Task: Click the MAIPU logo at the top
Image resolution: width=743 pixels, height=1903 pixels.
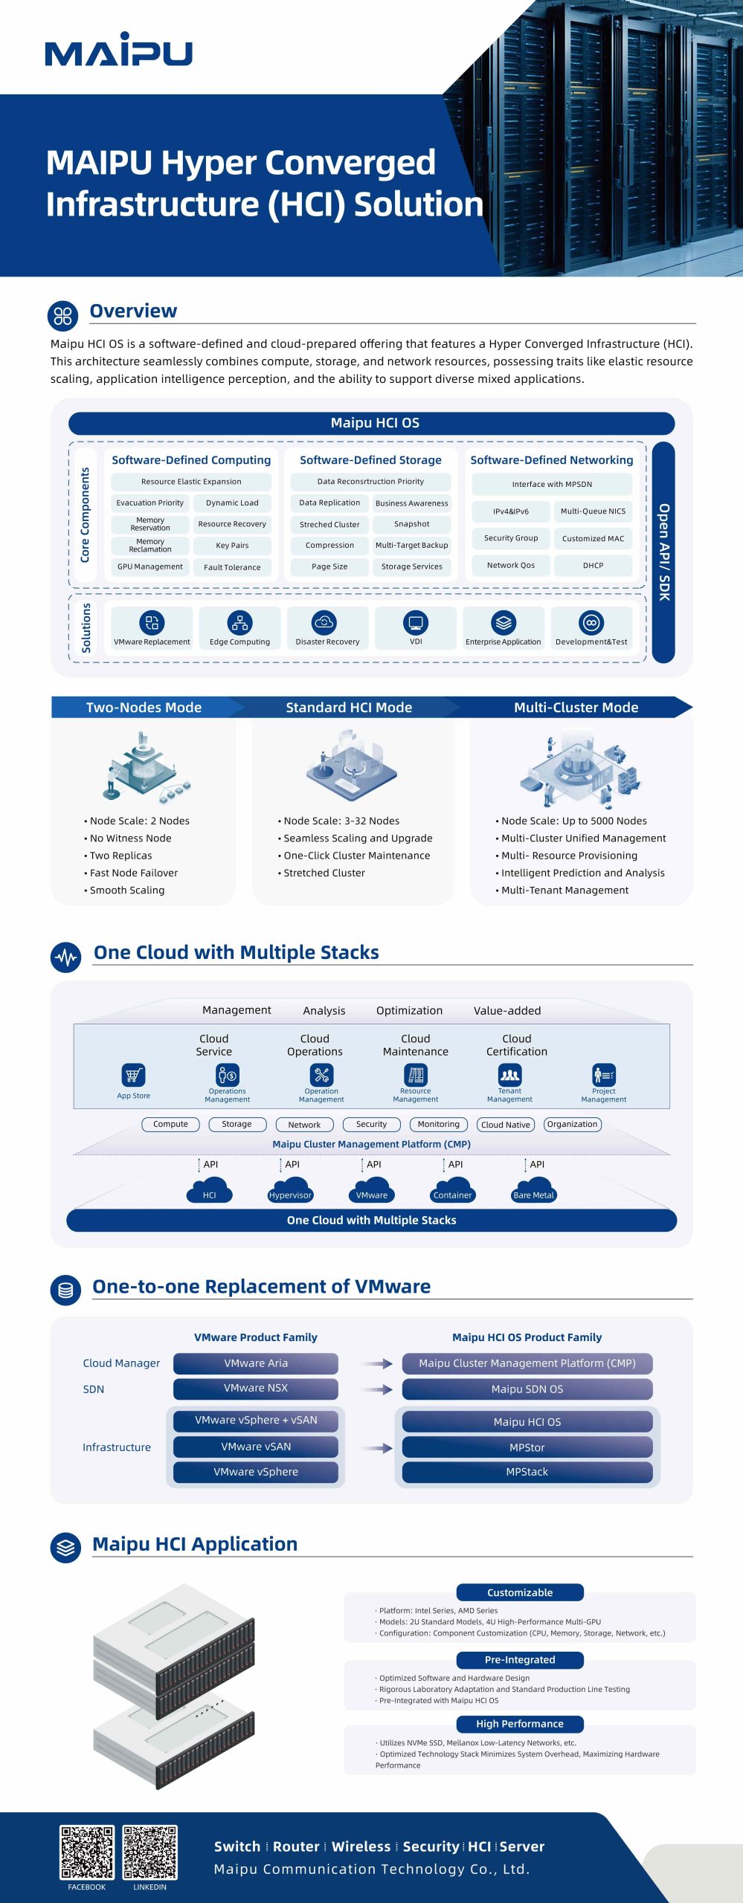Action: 118,51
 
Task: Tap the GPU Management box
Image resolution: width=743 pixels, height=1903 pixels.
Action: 149,566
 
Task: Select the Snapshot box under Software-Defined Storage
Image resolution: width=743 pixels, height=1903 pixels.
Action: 411,524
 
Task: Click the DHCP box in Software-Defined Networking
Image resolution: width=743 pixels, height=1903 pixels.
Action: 593,565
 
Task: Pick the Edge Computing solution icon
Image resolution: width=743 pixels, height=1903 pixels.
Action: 239,622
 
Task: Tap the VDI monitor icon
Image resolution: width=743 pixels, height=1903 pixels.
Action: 415,622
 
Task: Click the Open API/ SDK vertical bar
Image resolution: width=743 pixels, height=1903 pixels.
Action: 663,552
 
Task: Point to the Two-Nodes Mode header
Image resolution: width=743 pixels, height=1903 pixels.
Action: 144,707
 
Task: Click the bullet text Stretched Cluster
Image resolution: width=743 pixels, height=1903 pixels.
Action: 324,873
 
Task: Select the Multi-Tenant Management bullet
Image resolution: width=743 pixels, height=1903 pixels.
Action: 565,890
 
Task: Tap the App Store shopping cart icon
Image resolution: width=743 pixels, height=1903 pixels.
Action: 133,1075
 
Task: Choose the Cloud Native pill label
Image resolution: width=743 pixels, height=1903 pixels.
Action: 506,1125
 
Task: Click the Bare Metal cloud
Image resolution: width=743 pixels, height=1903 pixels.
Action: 533,1190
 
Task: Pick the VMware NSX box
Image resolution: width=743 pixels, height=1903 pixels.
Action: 256,1388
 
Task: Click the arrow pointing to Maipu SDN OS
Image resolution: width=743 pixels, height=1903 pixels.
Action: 377,1389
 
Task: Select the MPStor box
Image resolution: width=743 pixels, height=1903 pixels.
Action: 527,1447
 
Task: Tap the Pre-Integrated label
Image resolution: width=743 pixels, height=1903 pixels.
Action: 519,1660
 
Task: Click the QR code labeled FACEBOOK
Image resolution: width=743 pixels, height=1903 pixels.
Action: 87,1852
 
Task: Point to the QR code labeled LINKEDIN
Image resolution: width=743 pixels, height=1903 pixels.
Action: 149,1852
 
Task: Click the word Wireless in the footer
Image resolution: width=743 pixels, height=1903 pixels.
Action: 361,1847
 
